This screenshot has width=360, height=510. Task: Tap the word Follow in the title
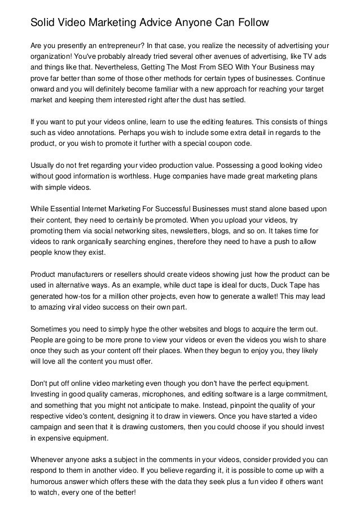245,23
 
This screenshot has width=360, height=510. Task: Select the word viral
80,304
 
